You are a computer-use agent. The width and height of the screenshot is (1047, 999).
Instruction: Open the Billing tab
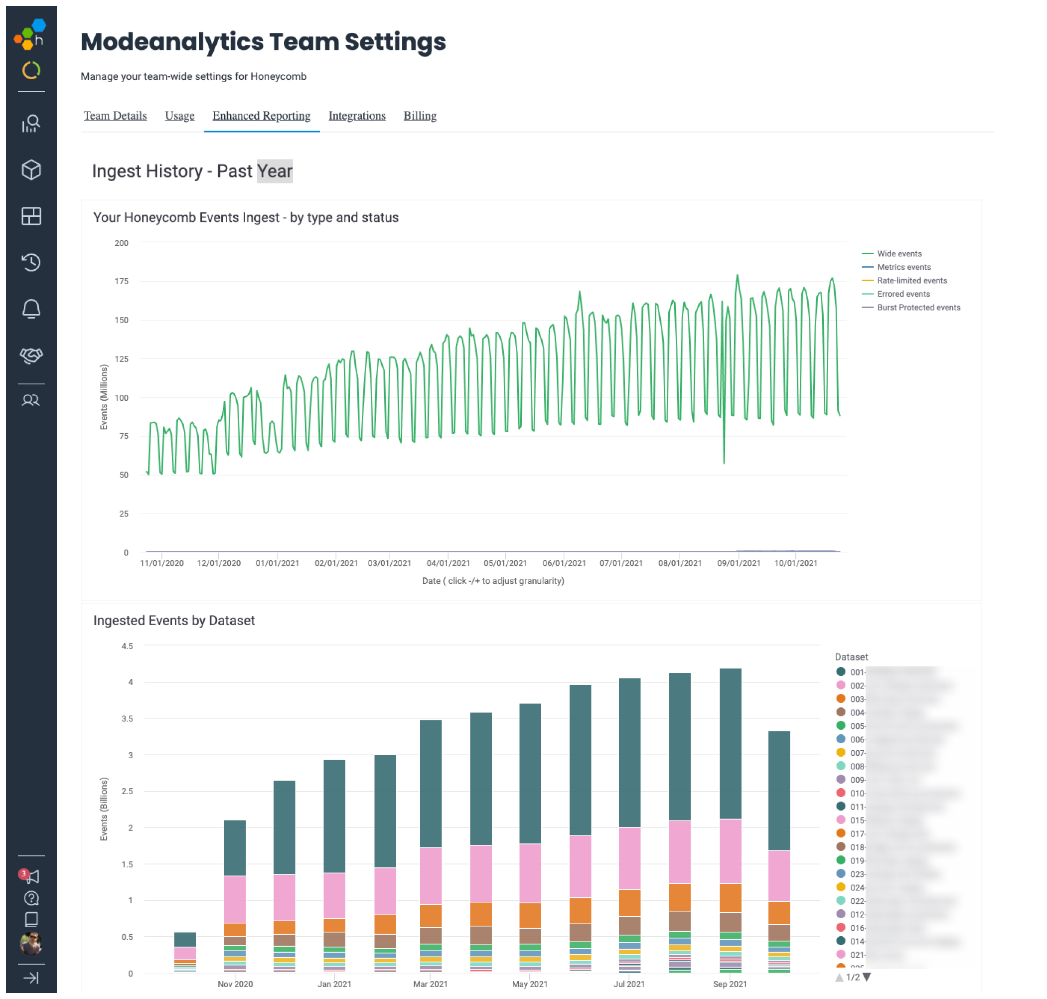420,116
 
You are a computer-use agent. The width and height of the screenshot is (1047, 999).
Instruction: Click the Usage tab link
179,116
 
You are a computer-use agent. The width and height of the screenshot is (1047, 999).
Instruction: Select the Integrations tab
357,116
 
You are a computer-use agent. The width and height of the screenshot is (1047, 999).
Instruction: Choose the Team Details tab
115,116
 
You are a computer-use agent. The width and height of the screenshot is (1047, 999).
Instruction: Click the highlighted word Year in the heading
275,171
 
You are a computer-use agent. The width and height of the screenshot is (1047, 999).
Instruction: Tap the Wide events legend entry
899,253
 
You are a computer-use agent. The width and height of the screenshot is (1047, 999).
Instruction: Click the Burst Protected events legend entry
918,307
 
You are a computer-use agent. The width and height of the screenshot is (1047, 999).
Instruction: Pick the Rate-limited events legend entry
912,281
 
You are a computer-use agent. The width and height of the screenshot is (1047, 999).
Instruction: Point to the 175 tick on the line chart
122,281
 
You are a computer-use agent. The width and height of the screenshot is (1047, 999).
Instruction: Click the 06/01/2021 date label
564,563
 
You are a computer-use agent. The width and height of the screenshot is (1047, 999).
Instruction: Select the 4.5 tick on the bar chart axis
127,646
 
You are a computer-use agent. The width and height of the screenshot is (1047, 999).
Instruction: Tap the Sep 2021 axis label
730,984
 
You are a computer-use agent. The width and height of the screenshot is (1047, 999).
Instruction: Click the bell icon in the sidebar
31,309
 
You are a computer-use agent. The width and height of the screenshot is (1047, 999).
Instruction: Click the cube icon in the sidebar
31,170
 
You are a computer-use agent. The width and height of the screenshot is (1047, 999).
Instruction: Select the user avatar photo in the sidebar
31,944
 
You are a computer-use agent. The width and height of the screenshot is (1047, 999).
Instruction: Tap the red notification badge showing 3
23,873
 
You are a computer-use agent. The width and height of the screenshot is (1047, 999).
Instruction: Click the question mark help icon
31,898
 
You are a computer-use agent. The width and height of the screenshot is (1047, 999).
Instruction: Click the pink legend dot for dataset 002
841,685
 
